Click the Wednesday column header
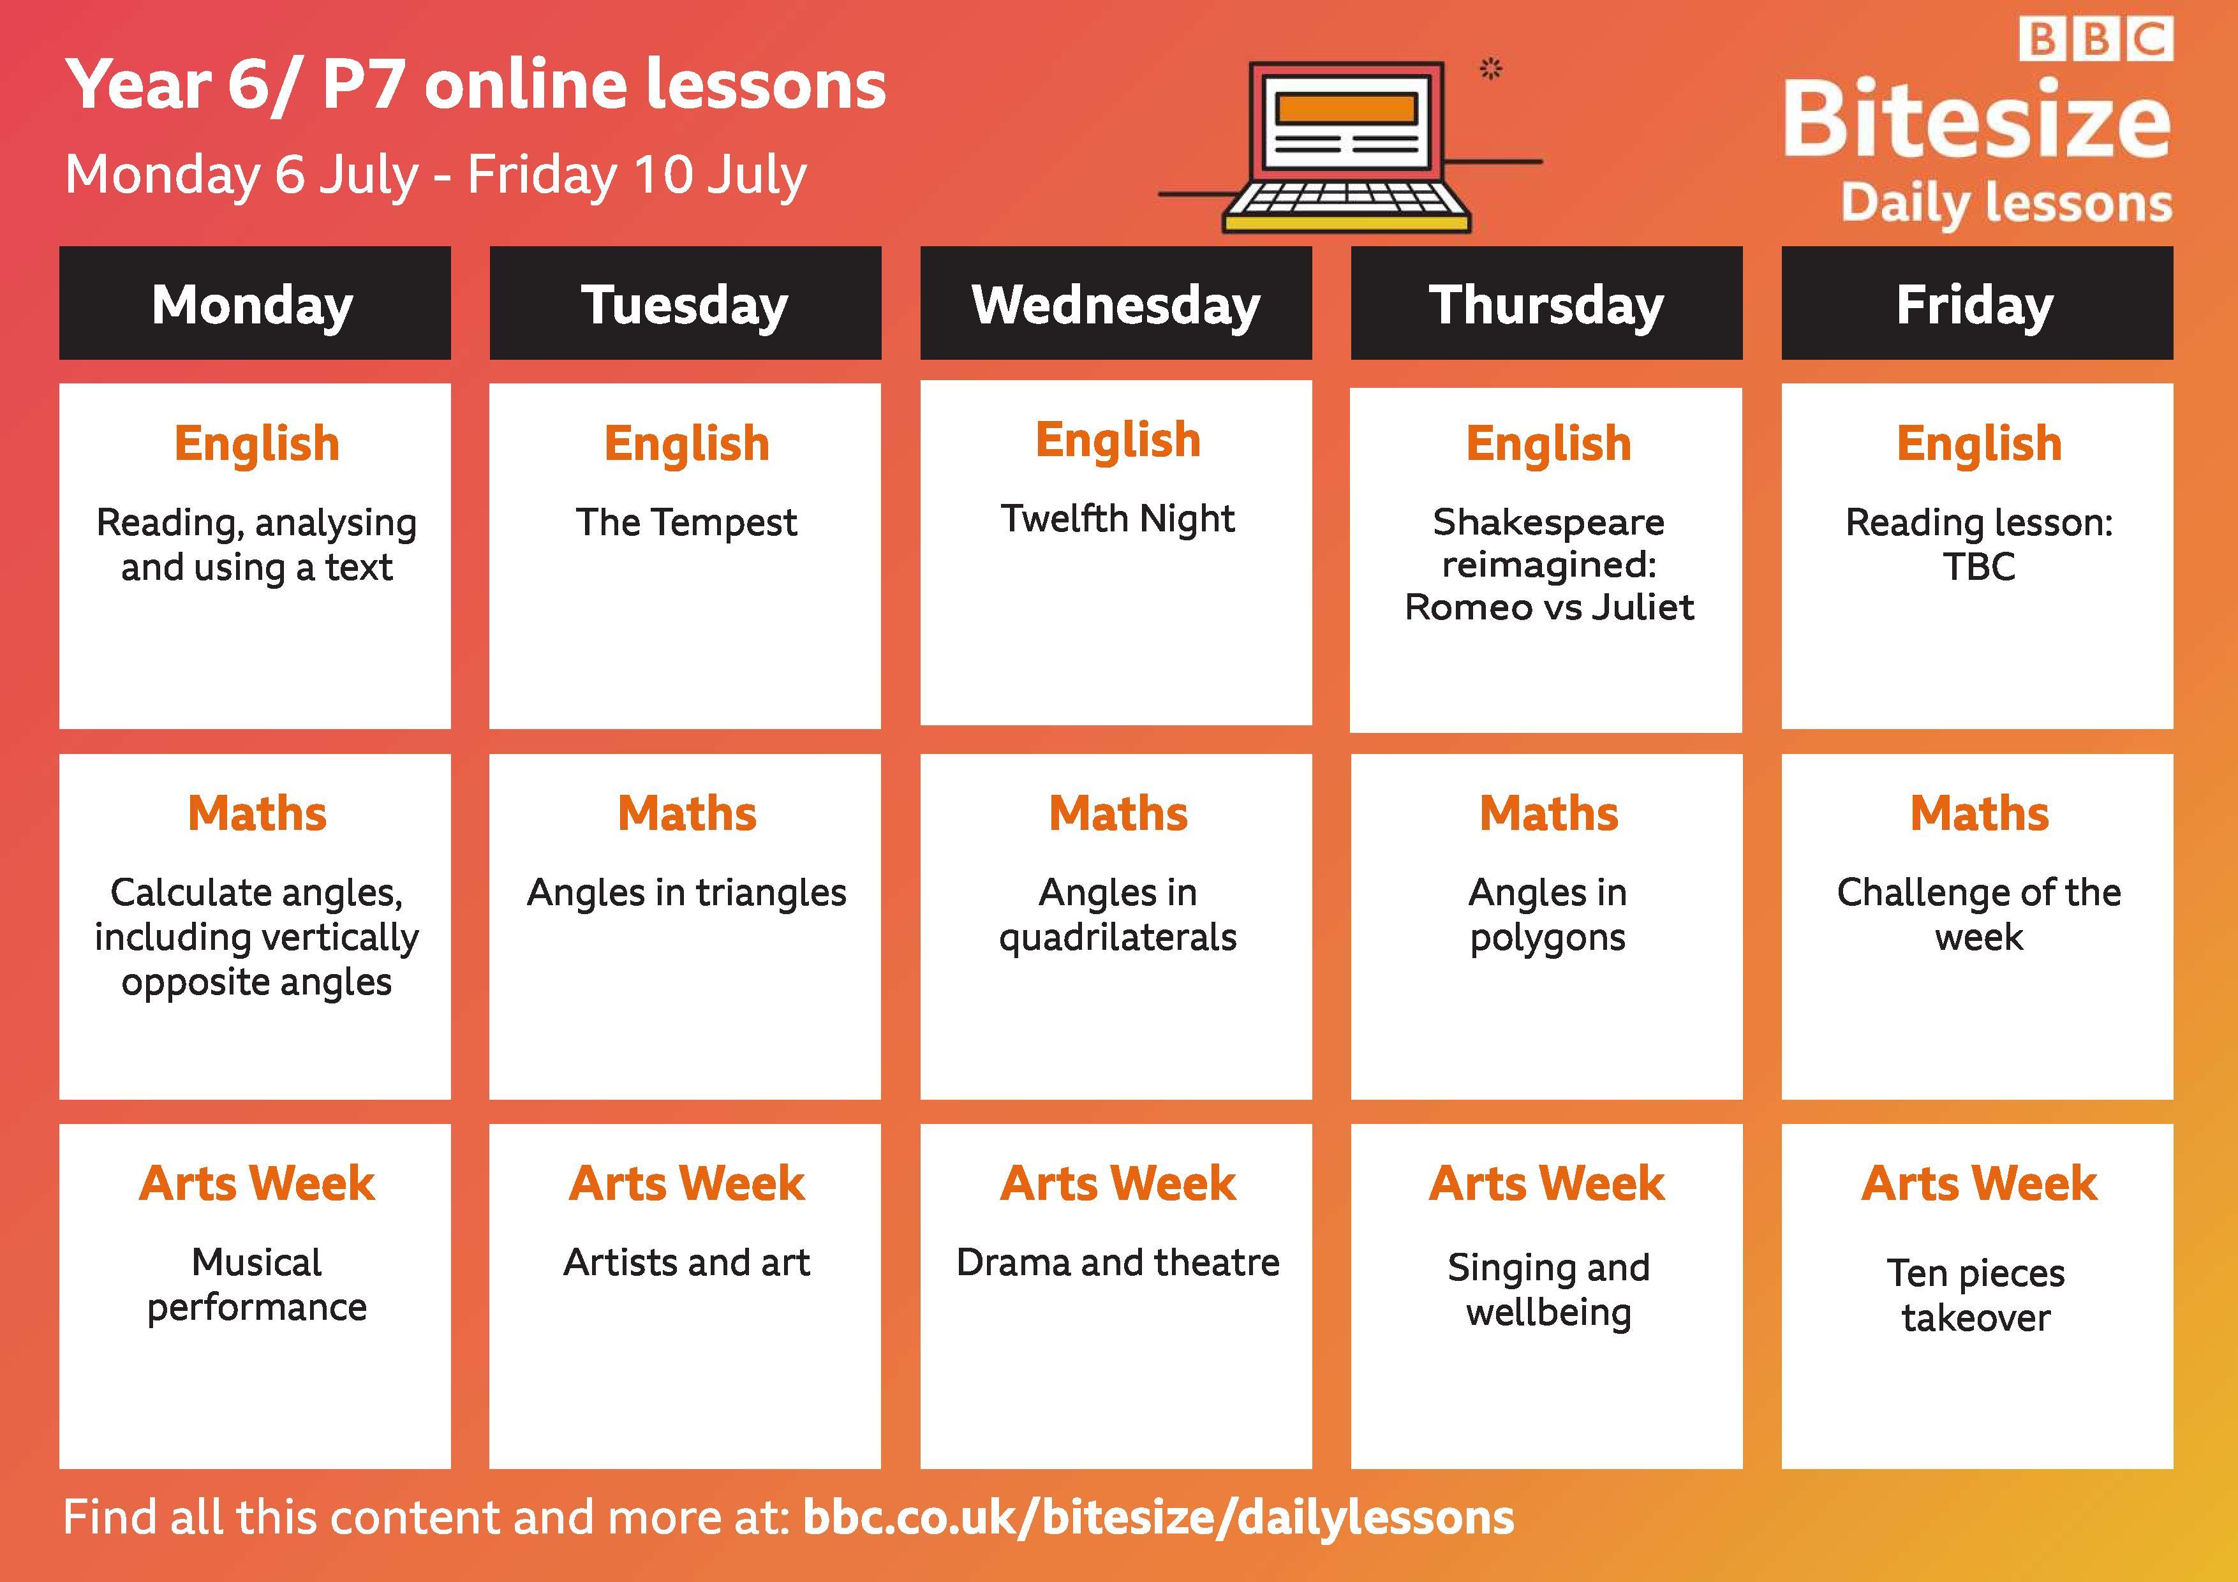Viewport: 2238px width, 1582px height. point(1116,303)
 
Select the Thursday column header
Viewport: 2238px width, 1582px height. point(1547,303)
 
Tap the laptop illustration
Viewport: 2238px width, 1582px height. point(1347,147)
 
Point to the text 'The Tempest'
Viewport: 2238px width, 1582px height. point(686,522)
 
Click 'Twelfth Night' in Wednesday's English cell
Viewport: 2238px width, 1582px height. point(1117,519)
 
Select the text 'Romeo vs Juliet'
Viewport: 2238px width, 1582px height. point(1549,606)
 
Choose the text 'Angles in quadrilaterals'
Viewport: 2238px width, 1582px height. point(1118,914)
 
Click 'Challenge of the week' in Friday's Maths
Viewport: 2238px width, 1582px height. point(1979,914)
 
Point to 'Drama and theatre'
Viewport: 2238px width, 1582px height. point(1118,1262)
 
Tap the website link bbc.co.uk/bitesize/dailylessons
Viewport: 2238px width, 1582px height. point(1158,1518)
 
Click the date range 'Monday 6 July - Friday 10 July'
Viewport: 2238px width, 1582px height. point(436,175)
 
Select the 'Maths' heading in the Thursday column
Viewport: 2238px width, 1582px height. point(1548,813)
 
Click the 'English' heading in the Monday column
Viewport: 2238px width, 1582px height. point(257,443)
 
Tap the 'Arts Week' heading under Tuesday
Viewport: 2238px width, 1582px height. point(687,1183)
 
